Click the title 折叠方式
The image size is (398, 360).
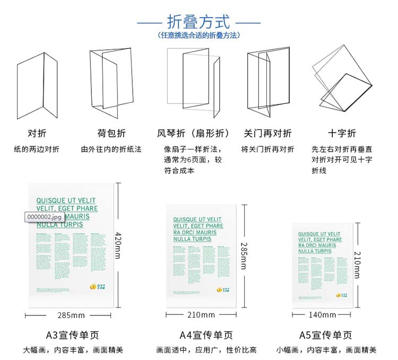(x=198, y=22)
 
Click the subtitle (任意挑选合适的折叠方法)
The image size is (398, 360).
(x=198, y=36)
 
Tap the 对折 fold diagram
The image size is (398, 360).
(x=37, y=82)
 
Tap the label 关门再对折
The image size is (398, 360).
(x=267, y=133)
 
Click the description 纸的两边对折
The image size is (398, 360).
(x=37, y=150)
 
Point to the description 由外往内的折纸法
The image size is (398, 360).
(x=111, y=150)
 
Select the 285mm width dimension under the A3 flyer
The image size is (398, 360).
(x=71, y=315)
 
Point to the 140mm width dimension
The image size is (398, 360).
(x=322, y=315)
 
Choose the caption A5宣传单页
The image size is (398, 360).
(x=325, y=335)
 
